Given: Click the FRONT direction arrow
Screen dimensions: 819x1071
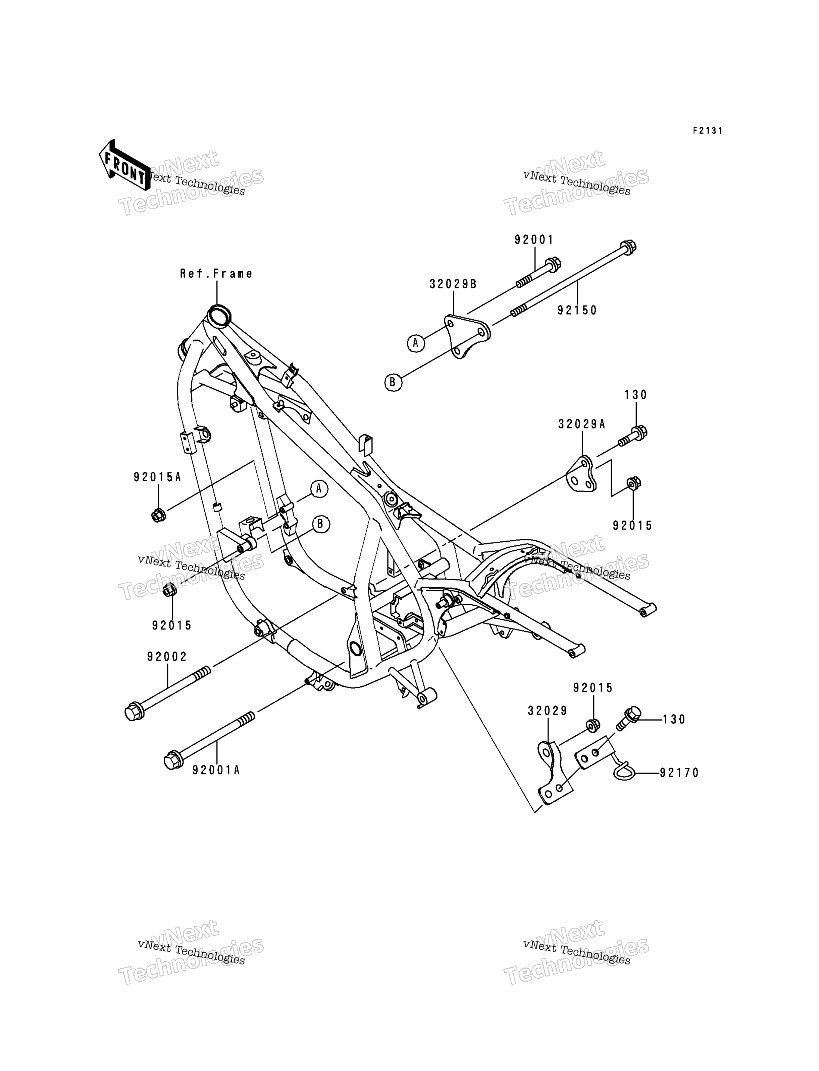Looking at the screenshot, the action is pyautogui.click(x=124, y=165).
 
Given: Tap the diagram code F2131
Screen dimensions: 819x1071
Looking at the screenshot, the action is pyautogui.click(x=708, y=131).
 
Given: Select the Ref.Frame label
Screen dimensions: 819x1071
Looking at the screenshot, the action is pyautogui.click(x=216, y=273).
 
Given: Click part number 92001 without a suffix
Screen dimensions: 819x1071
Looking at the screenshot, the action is pyautogui.click(x=534, y=240).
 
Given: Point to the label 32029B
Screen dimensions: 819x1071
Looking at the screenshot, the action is pyautogui.click(x=453, y=284).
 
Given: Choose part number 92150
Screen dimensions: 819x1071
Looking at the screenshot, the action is pyautogui.click(x=577, y=310).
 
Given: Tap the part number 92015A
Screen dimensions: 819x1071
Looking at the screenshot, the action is pyautogui.click(x=157, y=477).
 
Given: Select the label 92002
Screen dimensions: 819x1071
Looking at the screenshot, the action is pyautogui.click(x=167, y=657).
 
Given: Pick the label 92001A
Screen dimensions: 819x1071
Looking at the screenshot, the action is pyautogui.click(x=216, y=770).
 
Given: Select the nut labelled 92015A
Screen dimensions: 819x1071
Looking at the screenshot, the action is pyautogui.click(x=158, y=515).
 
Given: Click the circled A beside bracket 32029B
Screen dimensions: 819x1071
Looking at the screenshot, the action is pyautogui.click(x=415, y=343).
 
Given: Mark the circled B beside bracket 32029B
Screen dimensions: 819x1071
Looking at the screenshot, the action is pyautogui.click(x=393, y=382).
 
